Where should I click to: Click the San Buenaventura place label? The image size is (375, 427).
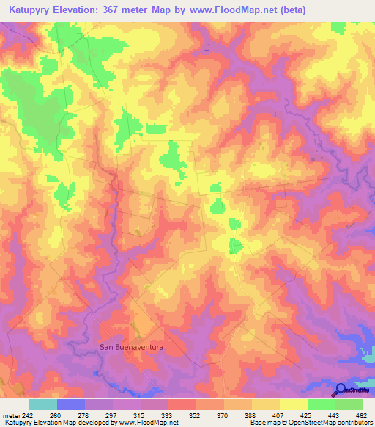pyautogui.click(x=131, y=347)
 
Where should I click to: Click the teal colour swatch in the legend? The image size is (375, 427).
pyautogui.click(x=42, y=404)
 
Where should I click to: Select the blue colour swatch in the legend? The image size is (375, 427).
pyautogui.click(x=70, y=404)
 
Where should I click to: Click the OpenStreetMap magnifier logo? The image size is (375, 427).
pyautogui.click(x=340, y=390)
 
